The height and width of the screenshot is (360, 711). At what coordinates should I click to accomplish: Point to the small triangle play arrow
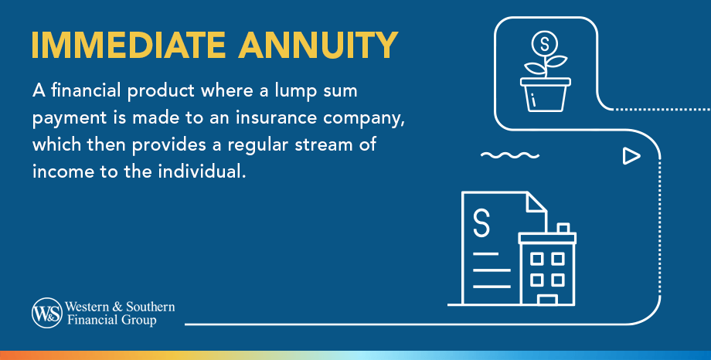pos(631,157)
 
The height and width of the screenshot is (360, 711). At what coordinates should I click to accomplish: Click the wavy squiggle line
pos(510,155)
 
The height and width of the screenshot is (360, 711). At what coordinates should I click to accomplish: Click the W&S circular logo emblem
pos(46,313)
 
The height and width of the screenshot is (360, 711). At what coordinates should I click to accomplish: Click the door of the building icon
pos(548,299)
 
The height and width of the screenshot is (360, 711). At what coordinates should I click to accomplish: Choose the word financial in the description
pos(83,93)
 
